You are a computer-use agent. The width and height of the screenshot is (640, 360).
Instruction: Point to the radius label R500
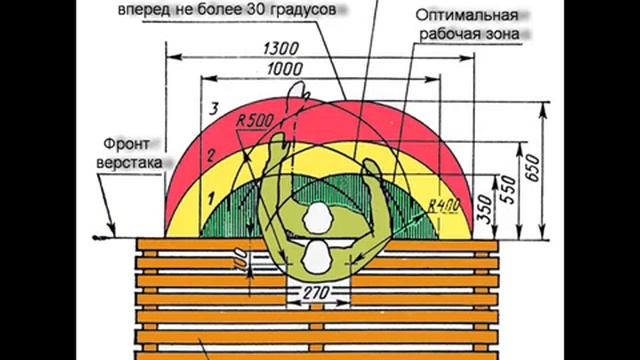click(256, 121)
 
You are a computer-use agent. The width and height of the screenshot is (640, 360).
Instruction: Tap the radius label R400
click(442, 205)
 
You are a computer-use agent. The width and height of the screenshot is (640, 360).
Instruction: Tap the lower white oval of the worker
click(317, 257)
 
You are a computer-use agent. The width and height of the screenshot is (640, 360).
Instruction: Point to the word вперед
click(143, 11)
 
